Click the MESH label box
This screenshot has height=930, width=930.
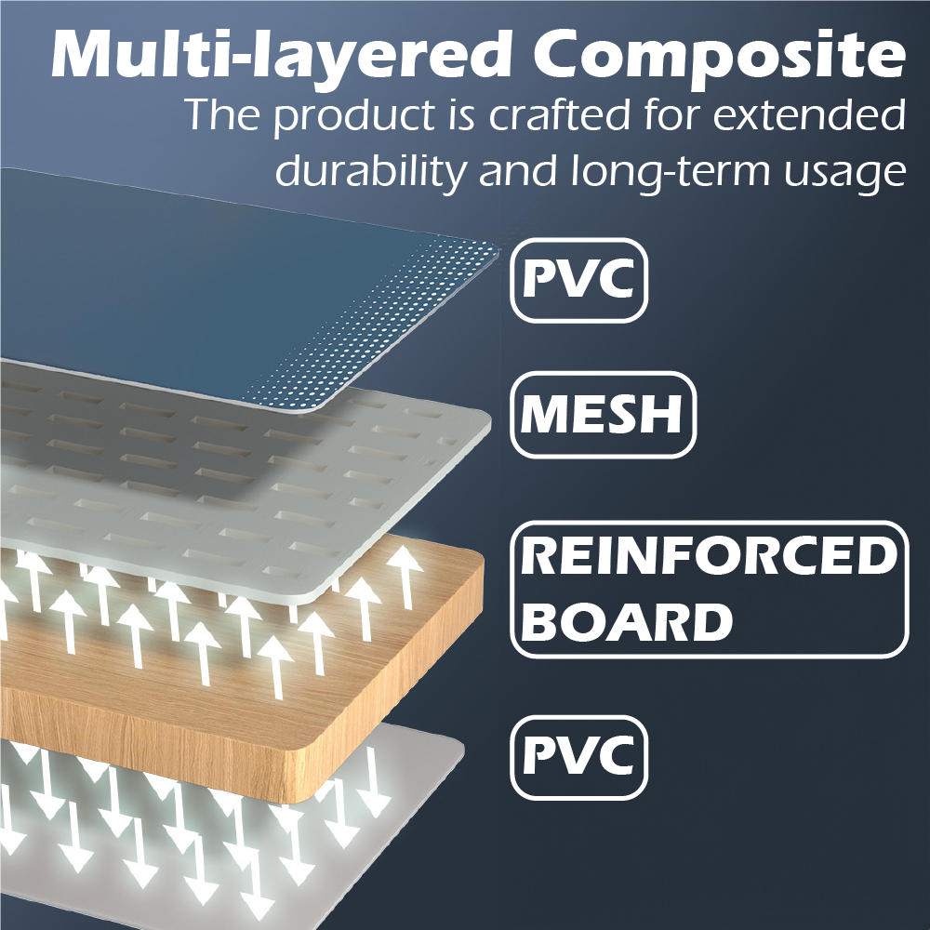coord(604,415)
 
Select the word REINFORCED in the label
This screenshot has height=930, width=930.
coord(710,556)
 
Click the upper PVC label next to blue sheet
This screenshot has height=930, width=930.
coord(578,281)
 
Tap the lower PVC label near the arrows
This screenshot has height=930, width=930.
coord(578,757)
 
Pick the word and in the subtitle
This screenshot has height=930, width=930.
coord(518,172)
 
